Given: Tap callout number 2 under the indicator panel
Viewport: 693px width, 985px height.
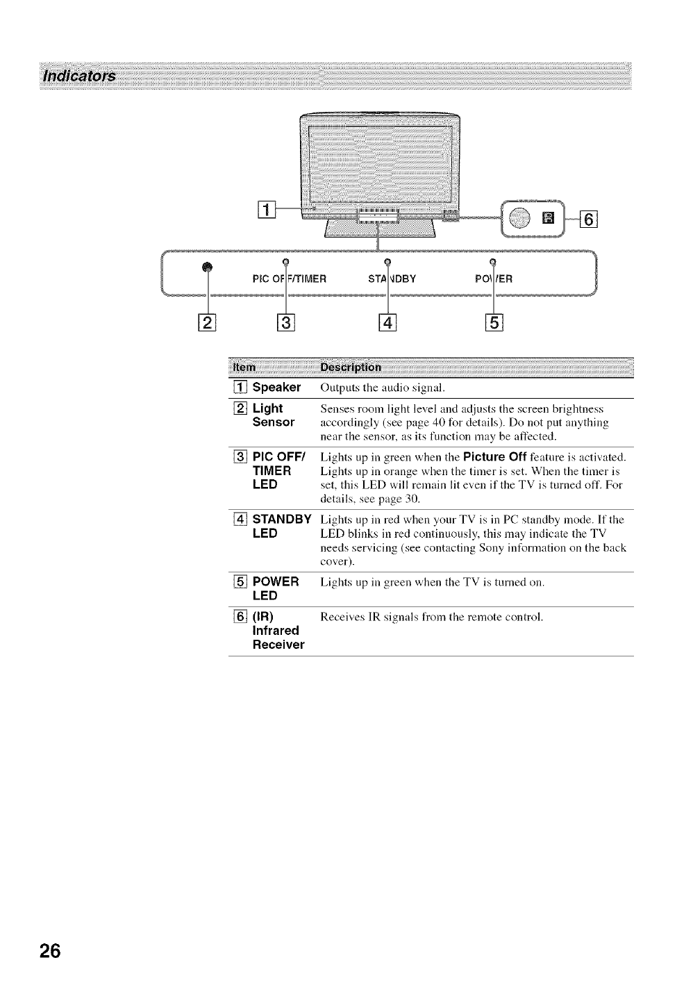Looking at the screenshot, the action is tap(206, 323).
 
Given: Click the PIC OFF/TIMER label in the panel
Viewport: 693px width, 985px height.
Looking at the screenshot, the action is tap(280, 280).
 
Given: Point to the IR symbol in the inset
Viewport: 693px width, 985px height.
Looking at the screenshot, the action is tap(546, 220).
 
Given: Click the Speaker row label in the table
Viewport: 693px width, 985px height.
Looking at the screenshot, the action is tap(276, 387).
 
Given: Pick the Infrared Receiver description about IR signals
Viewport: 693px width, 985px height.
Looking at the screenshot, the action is tap(431, 617).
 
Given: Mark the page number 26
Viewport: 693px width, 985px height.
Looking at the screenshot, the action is tap(50, 950).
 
